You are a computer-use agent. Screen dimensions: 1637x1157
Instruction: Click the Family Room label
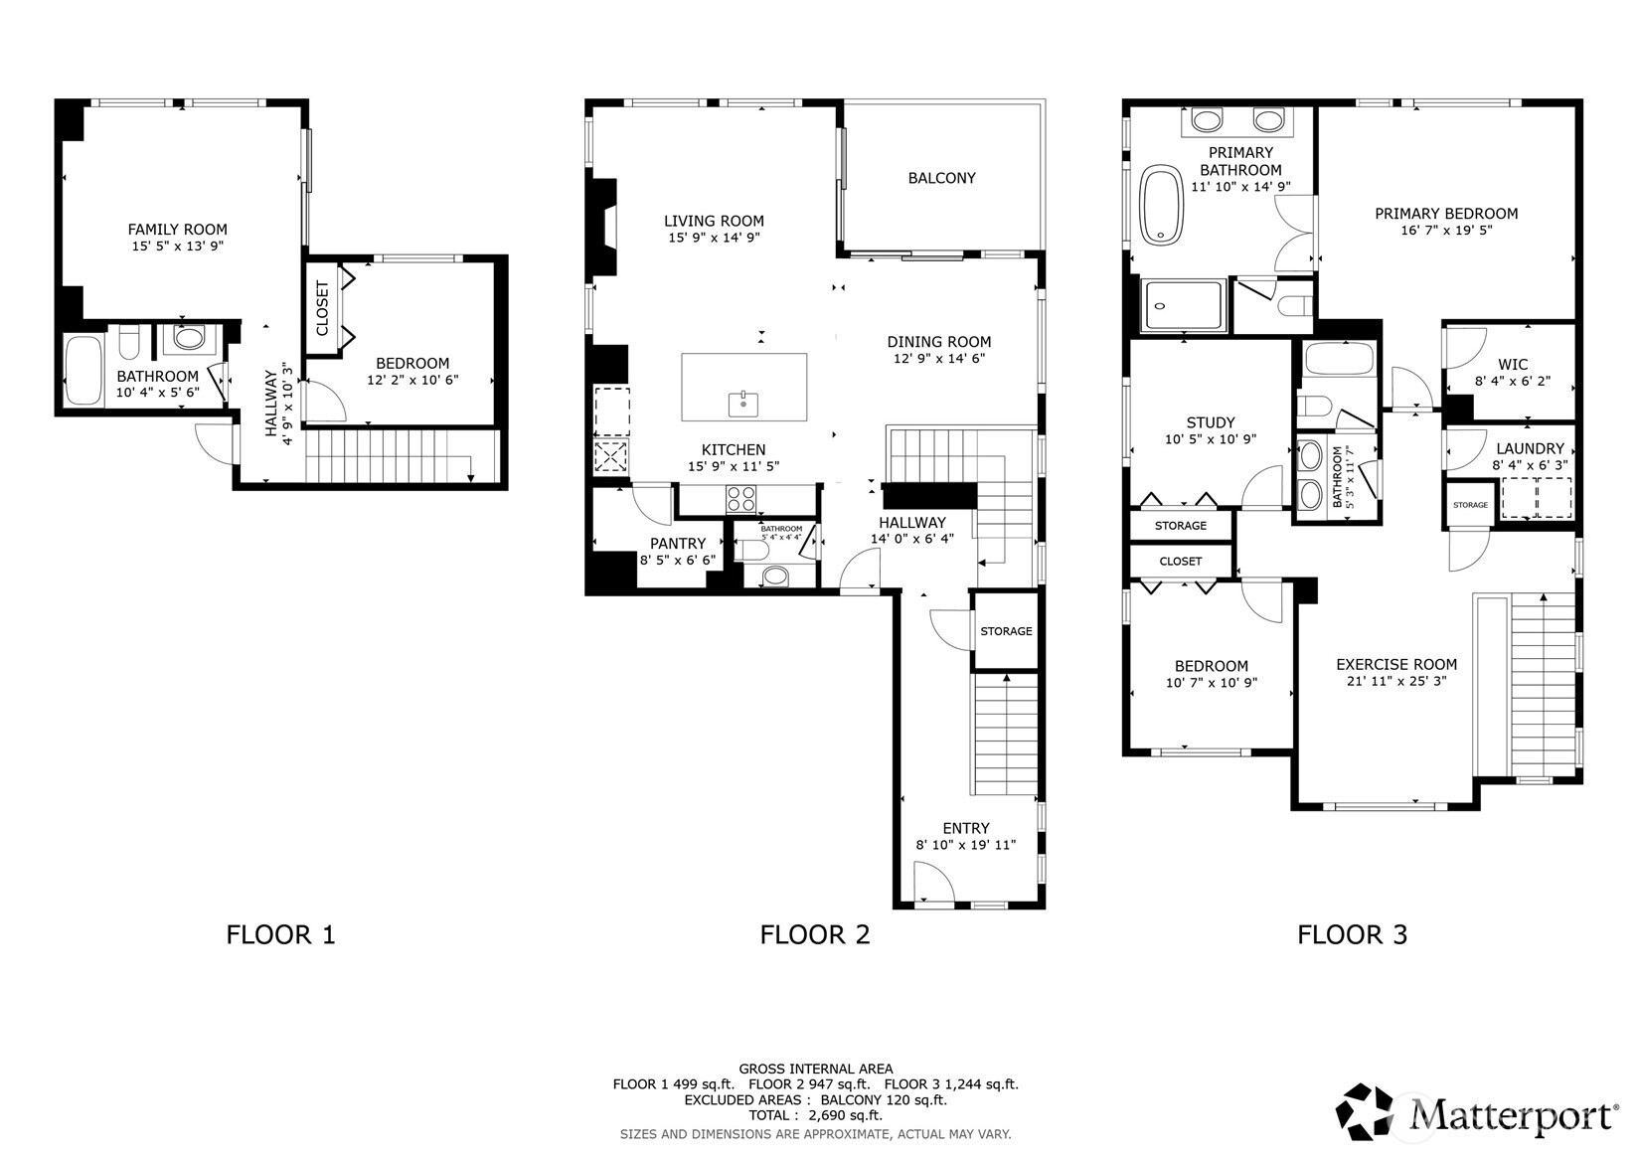[178, 230]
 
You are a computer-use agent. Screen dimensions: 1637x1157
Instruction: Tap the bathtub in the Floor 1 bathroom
[84, 370]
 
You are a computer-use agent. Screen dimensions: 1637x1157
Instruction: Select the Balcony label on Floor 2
[941, 178]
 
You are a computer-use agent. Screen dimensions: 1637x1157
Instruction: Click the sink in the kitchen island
[743, 404]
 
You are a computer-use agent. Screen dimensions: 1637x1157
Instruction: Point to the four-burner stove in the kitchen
[740, 500]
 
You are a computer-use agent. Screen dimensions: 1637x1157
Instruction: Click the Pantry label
[678, 544]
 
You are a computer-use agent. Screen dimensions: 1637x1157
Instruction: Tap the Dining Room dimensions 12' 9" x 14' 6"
[939, 358]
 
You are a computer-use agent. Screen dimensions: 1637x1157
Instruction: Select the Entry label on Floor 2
[965, 828]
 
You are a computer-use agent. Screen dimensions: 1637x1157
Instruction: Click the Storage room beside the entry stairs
[1006, 631]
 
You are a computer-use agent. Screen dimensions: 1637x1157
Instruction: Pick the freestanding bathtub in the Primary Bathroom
[1161, 205]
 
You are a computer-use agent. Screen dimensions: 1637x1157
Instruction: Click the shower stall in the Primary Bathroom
[1183, 305]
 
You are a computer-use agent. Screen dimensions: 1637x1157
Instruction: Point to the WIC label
[1512, 365]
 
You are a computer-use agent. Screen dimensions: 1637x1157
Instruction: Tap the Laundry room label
[1530, 448]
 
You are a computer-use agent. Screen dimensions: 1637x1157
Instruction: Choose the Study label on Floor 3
[1211, 422]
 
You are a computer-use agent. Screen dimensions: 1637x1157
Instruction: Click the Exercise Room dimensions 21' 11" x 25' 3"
[1396, 681]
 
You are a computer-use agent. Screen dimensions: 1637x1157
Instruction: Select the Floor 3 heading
[1352, 934]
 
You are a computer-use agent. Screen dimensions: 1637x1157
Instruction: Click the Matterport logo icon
[1364, 1111]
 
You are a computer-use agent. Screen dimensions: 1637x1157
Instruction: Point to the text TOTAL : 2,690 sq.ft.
[815, 1115]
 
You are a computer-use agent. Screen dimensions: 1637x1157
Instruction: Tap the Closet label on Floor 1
[322, 308]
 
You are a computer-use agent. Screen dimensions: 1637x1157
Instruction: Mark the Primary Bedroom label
[1446, 214]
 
